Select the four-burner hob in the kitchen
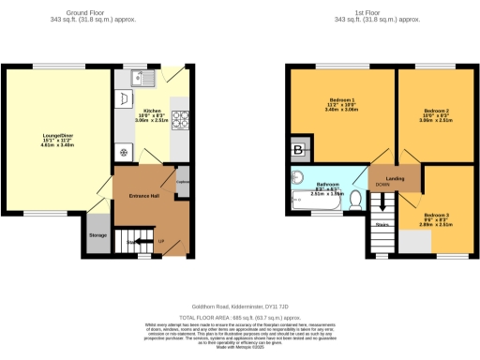pyautogui.click(x=180, y=119)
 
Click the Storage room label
pyautogui.click(x=97, y=234)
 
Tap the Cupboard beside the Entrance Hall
pyautogui.click(x=183, y=184)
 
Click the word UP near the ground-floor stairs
pyautogui.click(x=161, y=242)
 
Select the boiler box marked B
pyautogui.click(x=299, y=150)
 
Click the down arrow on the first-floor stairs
pyautogui.click(x=382, y=199)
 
